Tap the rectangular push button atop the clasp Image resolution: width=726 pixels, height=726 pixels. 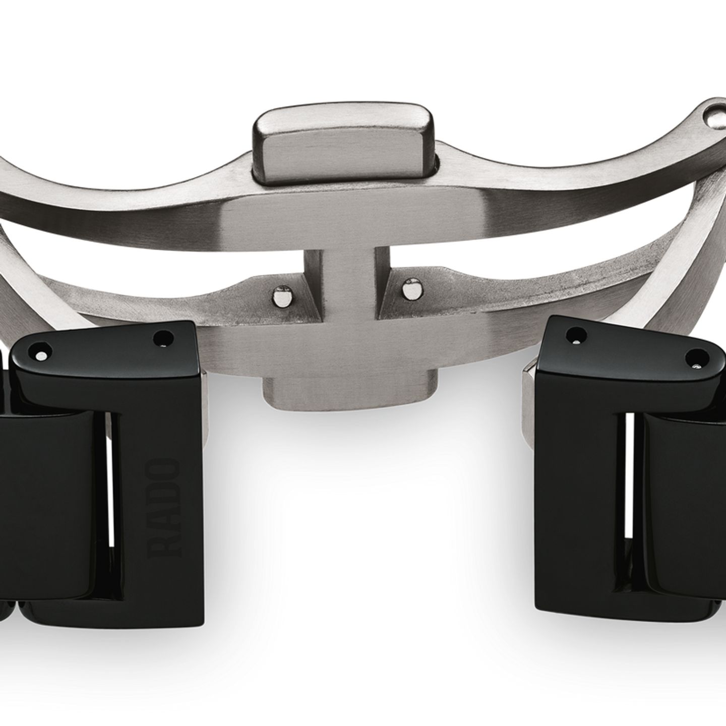tap(344, 144)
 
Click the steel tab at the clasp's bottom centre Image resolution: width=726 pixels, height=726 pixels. tap(350, 394)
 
